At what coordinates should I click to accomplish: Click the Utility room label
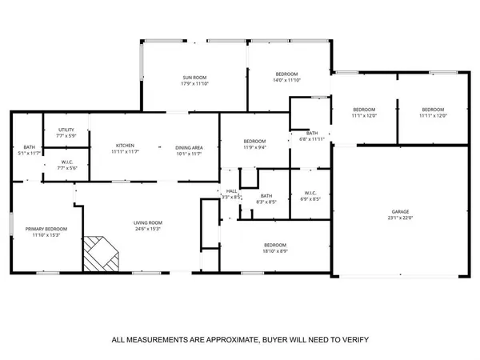[x=66, y=130]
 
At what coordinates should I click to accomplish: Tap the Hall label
[x=231, y=191]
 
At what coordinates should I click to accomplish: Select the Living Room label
[x=148, y=223]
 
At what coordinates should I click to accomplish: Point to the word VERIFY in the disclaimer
[x=352, y=339]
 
